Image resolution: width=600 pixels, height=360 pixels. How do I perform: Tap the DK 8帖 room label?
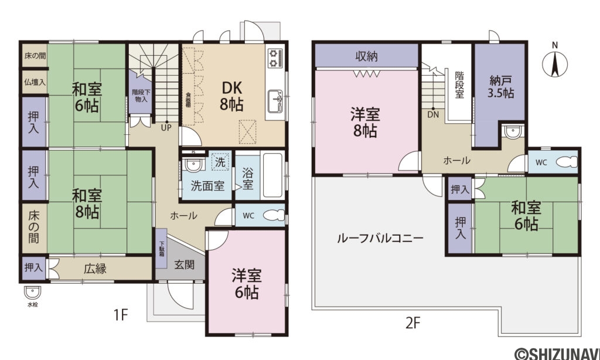pos(232,96)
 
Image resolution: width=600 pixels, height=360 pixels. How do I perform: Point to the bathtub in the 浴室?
pos(272,174)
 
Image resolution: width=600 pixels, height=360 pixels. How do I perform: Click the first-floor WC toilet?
pos(272,216)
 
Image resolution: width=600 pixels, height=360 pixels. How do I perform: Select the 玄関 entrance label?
pos(183,264)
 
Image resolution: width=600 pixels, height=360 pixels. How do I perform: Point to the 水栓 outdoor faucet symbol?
pos(31,292)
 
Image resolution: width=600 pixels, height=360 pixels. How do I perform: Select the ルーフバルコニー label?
pos(380,239)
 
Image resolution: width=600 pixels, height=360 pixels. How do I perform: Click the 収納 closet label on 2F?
pos(366,56)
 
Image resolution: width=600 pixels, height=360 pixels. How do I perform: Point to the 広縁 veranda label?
pos(94,269)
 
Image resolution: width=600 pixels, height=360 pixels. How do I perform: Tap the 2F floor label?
pos(413,322)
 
